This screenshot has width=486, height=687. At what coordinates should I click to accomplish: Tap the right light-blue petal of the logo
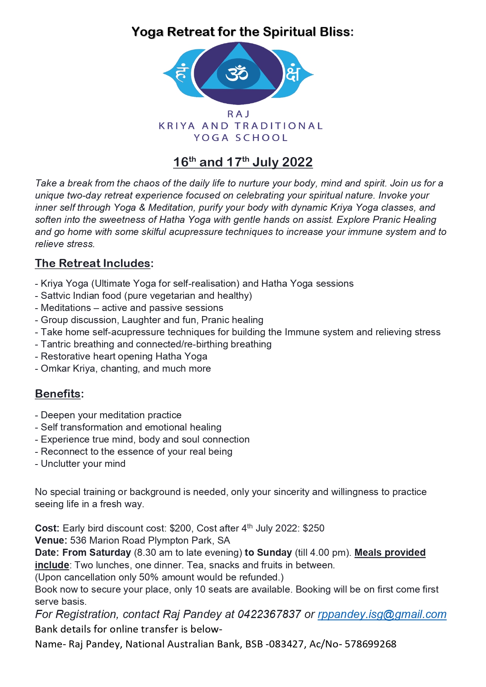[296, 74]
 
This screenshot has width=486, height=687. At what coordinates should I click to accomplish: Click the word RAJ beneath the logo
[238, 114]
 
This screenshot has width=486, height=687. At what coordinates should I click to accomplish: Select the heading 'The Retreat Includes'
[92, 263]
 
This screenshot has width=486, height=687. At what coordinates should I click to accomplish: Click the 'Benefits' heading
[58, 394]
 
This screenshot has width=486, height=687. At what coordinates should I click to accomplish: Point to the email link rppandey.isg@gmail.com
[382, 614]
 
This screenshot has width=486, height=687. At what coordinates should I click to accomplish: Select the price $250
[313, 528]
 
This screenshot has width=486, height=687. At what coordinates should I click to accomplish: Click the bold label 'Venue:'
[51, 541]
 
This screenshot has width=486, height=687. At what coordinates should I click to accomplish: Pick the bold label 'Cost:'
[47, 528]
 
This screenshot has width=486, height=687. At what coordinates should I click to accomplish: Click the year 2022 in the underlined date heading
[297, 162]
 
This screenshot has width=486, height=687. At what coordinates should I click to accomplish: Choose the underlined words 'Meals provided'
[390, 553]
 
